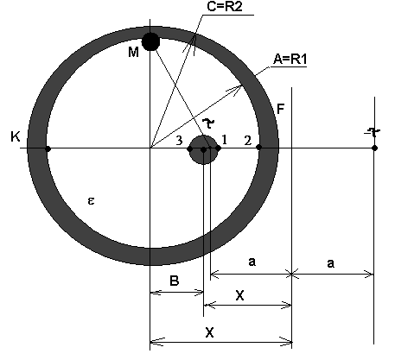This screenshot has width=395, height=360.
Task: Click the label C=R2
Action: tap(225, 6)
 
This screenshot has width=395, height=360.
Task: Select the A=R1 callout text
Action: tap(290, 59)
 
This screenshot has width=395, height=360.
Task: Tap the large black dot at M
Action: tap(150, 41)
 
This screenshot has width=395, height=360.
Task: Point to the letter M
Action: tap(133, 52)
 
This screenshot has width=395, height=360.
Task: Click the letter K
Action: tap(16, 136)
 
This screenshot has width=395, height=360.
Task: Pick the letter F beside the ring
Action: tap(280, 110)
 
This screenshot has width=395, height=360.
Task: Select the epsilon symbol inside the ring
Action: tap(91, 200)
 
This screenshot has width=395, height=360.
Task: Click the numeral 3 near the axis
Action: tap(179, 141)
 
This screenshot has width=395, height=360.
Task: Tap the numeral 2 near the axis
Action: tap(247, 141)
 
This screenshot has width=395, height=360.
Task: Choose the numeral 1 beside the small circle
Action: tap(225, 140)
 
